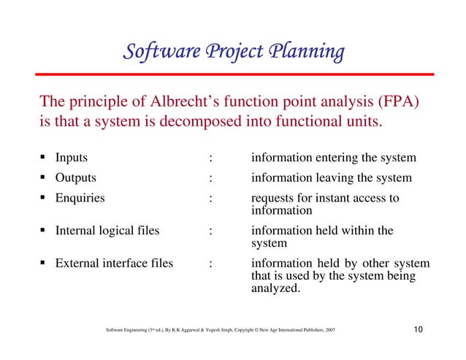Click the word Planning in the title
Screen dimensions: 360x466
307,53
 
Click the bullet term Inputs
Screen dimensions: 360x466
72,158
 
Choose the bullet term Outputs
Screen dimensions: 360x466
76,177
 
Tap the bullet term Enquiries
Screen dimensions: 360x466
80,197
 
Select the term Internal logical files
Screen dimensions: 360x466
107,231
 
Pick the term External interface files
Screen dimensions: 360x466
114,264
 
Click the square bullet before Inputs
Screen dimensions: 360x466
45,158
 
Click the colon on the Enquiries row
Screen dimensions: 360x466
210,198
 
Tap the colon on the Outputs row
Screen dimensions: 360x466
210,178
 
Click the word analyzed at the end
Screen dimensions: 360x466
275,288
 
